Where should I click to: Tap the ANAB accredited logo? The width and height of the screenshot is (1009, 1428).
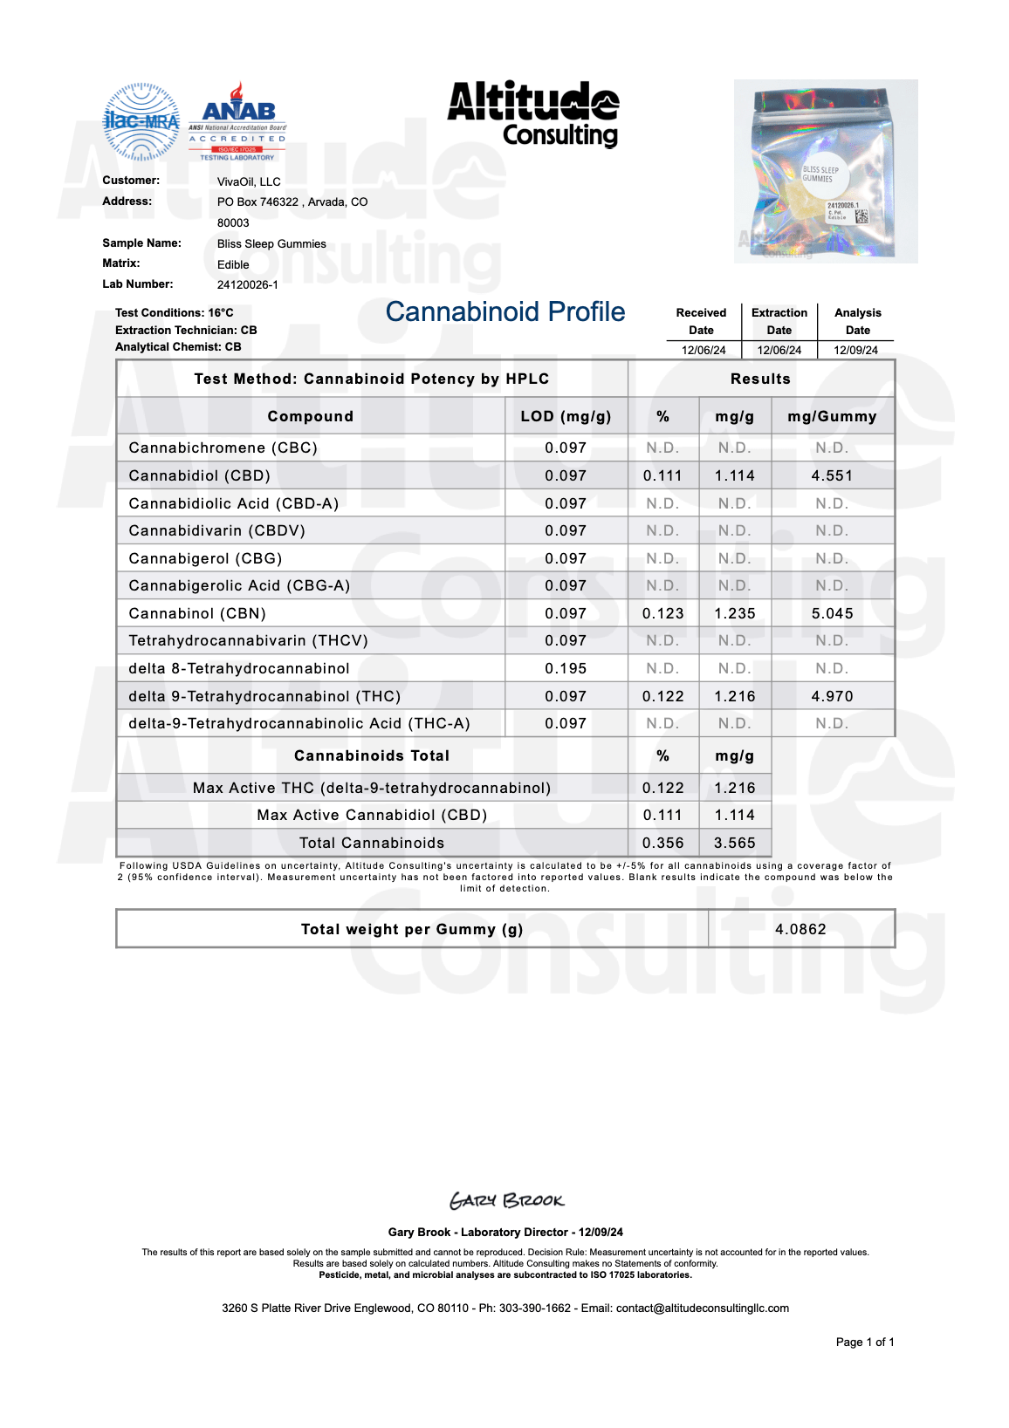(x=238, y=122)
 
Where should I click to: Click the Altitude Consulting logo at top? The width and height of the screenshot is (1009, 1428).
(x=533, y=113)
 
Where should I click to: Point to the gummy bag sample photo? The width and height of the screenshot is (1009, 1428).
(x=825, y=171)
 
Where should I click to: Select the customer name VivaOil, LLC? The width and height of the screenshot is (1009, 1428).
(x=249, y=181)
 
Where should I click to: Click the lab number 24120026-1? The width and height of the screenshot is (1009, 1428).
(x=248, y=284)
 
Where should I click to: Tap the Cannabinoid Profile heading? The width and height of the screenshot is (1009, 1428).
(x=505, y=311)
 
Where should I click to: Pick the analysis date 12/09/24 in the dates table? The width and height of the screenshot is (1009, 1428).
(x=855, y=350)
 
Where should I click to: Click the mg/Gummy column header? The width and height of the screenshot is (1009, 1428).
(x=832, y=416)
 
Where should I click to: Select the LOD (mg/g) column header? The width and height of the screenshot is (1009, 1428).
(x=566, y=416)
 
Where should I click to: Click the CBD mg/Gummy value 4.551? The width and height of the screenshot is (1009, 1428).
(x=832, y=475)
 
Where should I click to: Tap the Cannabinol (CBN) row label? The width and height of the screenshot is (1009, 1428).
(x=197, y=613)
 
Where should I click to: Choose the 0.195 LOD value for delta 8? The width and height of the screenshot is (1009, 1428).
(x=566, y=668)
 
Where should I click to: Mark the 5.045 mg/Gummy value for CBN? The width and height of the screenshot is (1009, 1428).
(x=832, y=613)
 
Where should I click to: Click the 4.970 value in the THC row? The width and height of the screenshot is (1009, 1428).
(x=832, y=696)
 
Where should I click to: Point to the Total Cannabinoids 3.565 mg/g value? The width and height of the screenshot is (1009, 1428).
(x=734, y=843)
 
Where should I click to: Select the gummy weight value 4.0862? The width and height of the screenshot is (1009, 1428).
(x=800, y=929)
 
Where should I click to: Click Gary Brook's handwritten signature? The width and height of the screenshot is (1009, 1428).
(x=506, y=1200)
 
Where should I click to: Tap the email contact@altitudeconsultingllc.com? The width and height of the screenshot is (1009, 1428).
(x=702, y=1308)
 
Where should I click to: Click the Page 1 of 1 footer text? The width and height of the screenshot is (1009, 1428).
(x=864, y=1342)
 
